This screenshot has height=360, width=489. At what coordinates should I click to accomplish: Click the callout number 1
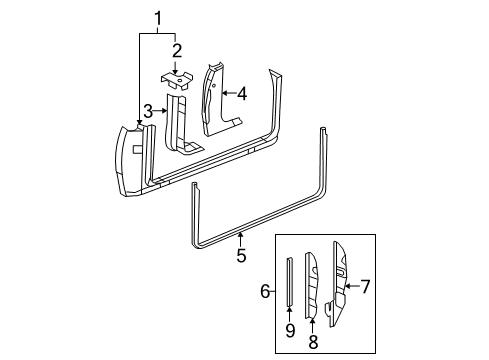pyautogui.click(x=155, y=17)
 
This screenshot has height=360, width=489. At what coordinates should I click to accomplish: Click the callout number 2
pyautogui.click(x=176, y=50)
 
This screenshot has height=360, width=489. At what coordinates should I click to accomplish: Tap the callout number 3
pyautogui.click(x=147, y=110)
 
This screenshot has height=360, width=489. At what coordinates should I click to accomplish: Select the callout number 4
pyautogui.click(x=240, y=93)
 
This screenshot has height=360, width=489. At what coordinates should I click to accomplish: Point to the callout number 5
pyautogui.click(x=240, y=256)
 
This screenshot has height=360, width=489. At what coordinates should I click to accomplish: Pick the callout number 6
pyautogui.click(x=266, y=291)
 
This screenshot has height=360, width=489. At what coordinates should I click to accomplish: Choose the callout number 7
pyautogui.click(x=366, y=287)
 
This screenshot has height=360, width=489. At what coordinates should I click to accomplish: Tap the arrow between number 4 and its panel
pyautogui.click(x=226, y=93)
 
